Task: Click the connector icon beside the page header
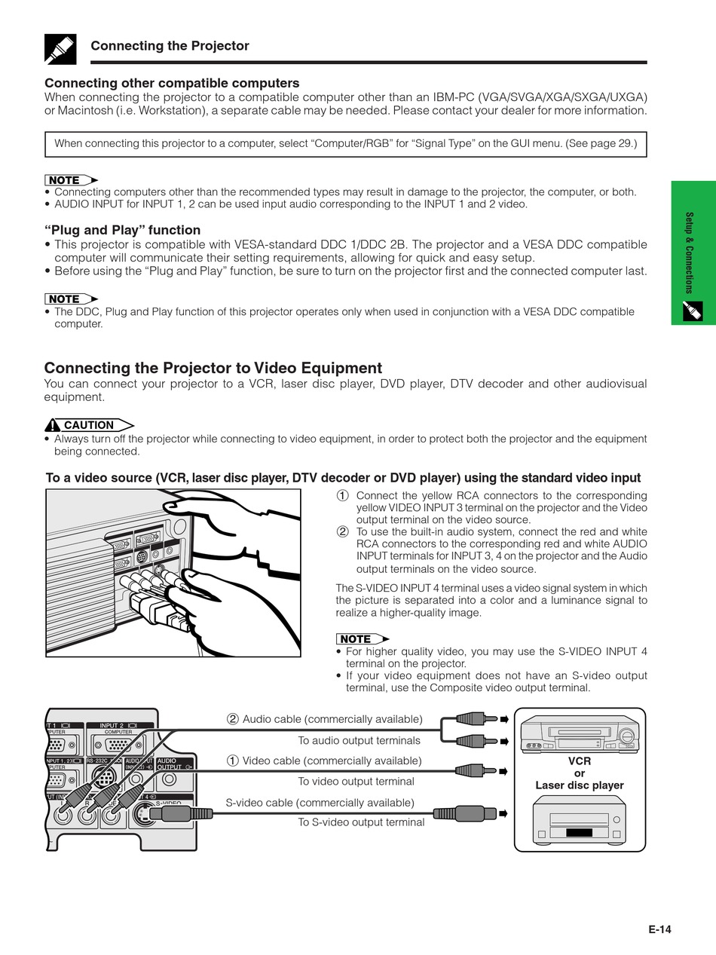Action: click(x=60, y=48)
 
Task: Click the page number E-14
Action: click(x=659, y=929)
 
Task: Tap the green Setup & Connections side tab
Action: click(x=693, y=253)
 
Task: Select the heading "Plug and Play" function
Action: click(x=122, y=230)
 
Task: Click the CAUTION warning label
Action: click(x=88, y=425)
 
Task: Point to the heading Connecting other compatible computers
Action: click(x=172, y=83)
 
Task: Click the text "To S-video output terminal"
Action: click(x=361, y=822)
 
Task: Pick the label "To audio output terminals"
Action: click(x=359, y=741)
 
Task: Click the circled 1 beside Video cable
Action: click(x=233, y=761)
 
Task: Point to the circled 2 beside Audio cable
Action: click(x=233, y=719)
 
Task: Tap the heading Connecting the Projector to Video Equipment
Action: click(x=213, y=368)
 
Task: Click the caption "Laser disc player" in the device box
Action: click(x=580, y=785)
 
